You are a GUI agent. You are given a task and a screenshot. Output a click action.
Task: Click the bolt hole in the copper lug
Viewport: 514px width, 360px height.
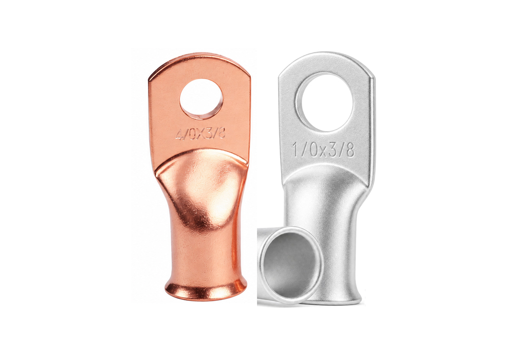pyautogui.click(x=201, y=100)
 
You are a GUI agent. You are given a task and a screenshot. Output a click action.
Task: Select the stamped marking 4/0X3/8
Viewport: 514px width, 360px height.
pyautogui.click(x=200, y=134)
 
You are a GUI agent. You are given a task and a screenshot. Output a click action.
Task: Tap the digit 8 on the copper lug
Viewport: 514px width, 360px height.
pyautogui.click(x=222, y=133)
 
